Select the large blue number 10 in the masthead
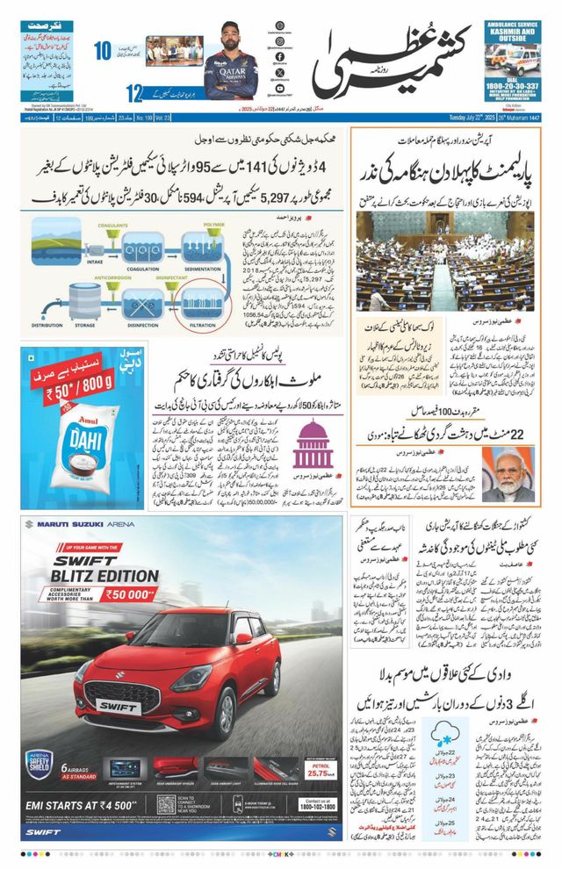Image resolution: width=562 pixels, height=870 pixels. click(104, 52)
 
